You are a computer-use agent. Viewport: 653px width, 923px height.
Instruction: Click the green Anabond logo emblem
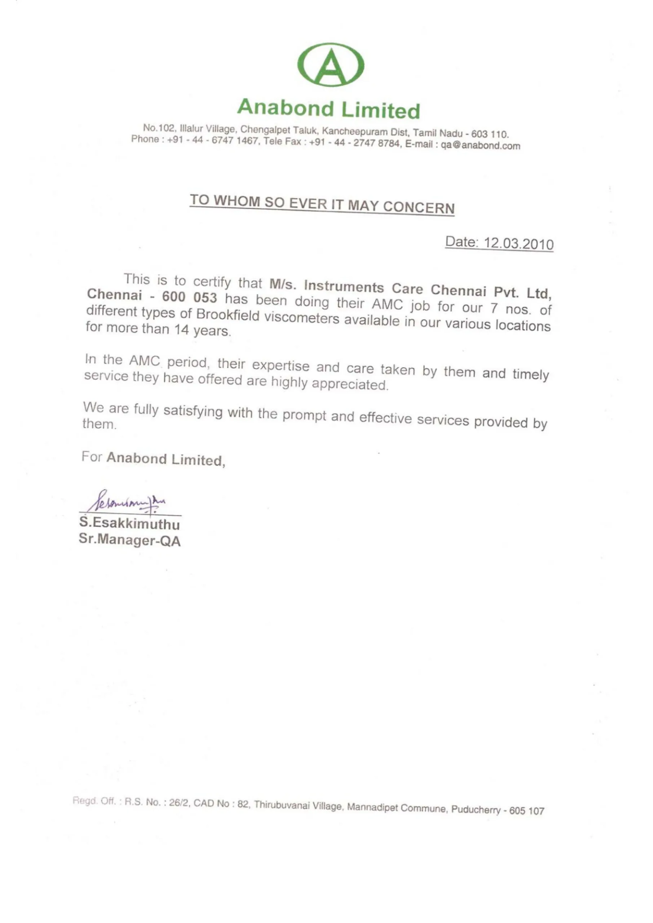pos(331,65)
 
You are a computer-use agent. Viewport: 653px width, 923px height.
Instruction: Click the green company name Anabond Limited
pos(328,109)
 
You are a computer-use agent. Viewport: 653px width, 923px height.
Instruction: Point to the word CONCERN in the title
pos(419,207)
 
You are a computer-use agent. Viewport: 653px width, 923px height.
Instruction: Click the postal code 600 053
pos(189,297)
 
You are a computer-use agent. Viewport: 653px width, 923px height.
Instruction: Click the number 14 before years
pos(181,330)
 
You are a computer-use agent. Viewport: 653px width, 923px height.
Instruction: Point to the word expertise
pos(281,366)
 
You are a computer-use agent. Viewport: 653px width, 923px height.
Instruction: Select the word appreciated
pos(350,384)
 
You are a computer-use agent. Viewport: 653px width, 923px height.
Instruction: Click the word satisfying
pos(193,411)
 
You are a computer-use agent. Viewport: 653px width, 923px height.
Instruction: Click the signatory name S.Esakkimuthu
pos(129,524)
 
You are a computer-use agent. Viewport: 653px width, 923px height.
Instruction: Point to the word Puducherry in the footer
pos(476,809)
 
